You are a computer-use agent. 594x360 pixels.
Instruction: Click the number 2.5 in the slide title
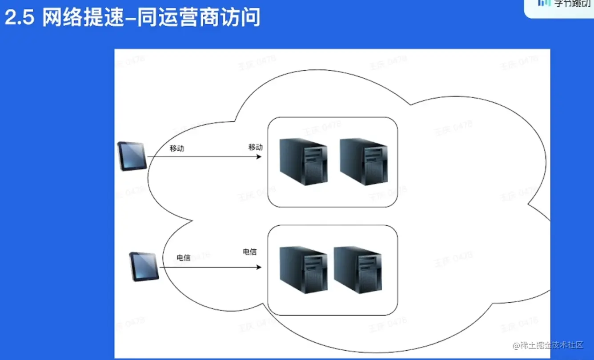click(x=19, y=19)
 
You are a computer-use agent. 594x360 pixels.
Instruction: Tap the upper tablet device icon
click(x=132, y=156)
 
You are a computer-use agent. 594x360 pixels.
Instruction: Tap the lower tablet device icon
click(x=144, y=266)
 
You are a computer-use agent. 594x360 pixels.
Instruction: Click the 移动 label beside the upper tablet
click(x=177, y=148)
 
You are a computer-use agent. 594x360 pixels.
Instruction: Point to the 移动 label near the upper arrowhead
click(x=256, y=147)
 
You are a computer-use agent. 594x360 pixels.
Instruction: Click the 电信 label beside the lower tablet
click(x=184, y=258)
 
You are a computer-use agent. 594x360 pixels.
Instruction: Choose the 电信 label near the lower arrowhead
click(x=249, y=252)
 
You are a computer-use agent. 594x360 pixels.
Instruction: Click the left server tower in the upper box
click(x=304, y=162)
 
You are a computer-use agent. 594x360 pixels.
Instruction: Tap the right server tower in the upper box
click(x=364, y=162)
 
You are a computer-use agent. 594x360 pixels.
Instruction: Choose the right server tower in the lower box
click(x=358, y=270)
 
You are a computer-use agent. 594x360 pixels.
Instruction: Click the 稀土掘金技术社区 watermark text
click(x=552, y=345)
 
